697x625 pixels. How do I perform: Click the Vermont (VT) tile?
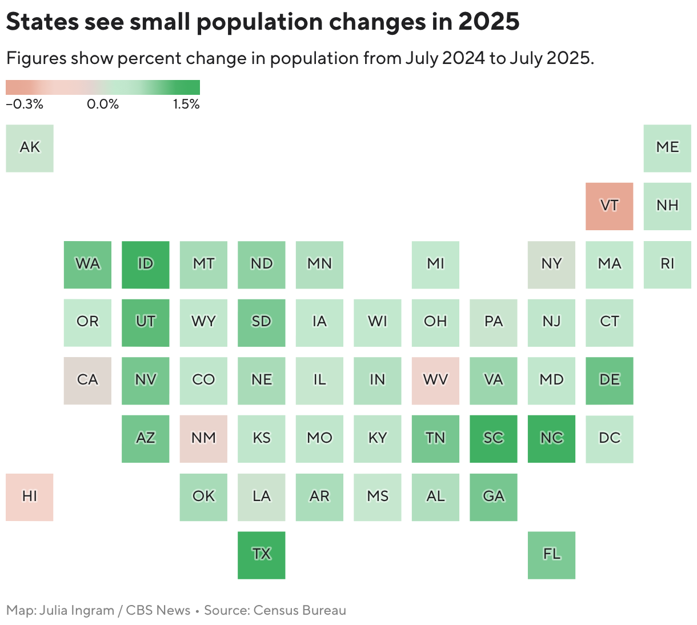609,206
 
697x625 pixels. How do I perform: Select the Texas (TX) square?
261,555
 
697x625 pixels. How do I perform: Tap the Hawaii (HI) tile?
30,496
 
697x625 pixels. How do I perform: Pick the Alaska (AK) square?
30,148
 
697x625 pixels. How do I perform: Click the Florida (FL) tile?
551,555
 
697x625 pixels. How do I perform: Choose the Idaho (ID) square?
145,265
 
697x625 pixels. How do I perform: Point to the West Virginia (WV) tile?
435,380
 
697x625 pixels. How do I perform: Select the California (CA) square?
87,380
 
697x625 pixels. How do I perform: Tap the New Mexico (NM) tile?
203,439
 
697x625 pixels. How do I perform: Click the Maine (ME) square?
667,148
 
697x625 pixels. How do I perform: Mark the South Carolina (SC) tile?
493,439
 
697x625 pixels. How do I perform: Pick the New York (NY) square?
551,265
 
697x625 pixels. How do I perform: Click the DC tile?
609,439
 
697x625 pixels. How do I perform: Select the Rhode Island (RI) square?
667,265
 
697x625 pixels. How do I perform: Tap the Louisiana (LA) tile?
261,496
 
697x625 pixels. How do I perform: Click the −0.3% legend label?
25,105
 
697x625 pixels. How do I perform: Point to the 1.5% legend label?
186,105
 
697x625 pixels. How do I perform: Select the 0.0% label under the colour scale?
103,105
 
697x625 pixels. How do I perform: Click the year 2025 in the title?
488,22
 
